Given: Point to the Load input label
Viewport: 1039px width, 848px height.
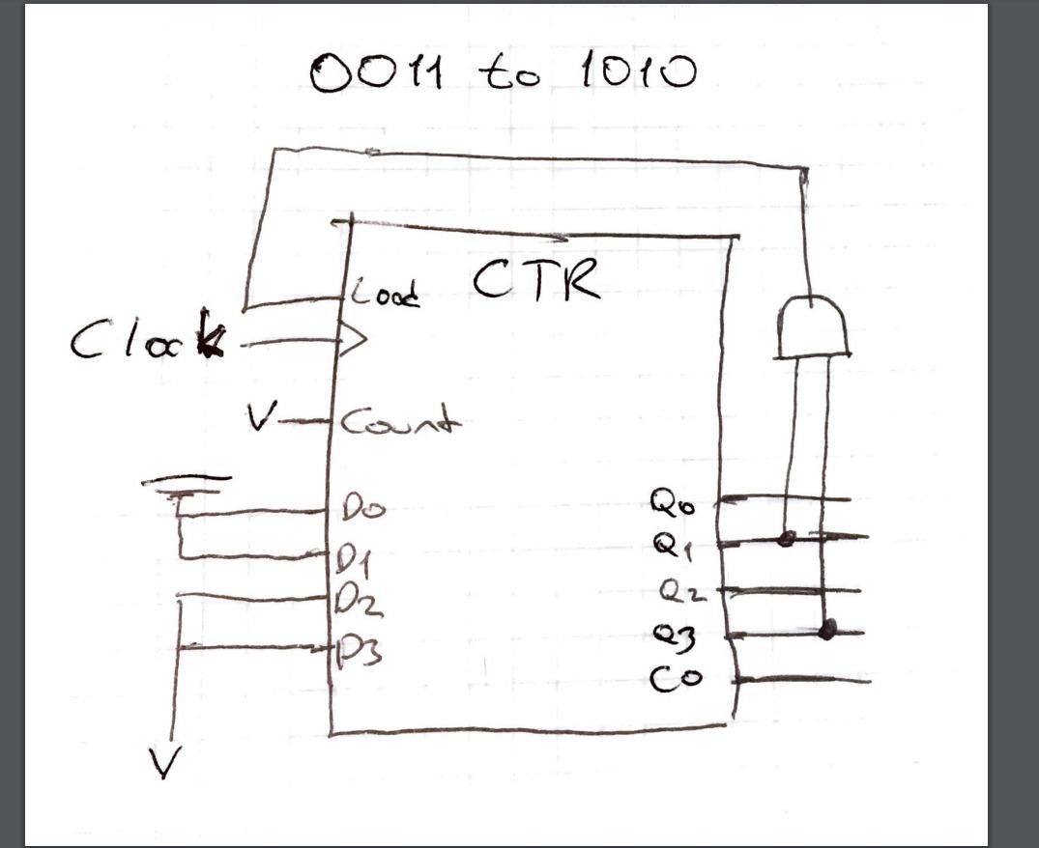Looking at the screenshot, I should [385, 293].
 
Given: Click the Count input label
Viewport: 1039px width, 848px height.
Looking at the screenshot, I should [398, 422].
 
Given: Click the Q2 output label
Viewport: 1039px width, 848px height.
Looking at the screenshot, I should [682, 589].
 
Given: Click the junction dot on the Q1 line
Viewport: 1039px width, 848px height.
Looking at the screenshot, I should [787, 538].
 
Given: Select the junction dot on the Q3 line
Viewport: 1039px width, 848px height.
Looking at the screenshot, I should [826, 631].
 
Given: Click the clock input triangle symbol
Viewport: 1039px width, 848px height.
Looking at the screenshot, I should [353, 339].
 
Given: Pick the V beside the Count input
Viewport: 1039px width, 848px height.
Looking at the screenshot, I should [258, 419].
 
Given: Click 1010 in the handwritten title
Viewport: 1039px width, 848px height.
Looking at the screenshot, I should [638, 72].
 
